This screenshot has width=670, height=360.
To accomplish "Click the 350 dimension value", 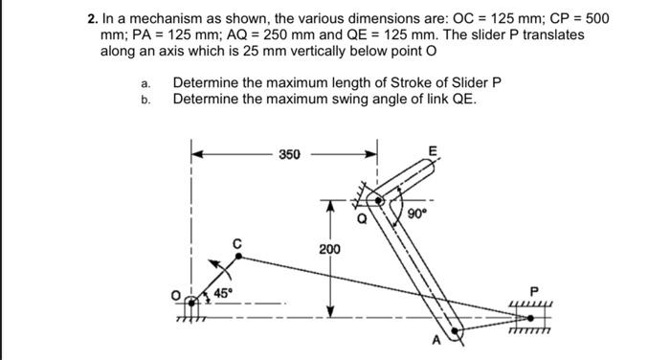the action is click(289, 152).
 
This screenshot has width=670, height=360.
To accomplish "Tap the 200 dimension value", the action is click(329, 249).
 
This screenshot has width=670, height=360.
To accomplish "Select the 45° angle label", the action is click(222, 292).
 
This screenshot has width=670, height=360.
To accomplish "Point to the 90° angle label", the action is click(416, 214).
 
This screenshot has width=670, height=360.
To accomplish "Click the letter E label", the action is click(433, 150).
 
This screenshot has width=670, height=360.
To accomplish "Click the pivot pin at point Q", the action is click(379, 202).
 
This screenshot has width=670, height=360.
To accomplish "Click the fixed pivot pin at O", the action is click(195, 303).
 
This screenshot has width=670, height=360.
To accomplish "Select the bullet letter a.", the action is click(145, 83).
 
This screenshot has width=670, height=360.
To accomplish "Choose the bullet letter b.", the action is click(145, 100).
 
